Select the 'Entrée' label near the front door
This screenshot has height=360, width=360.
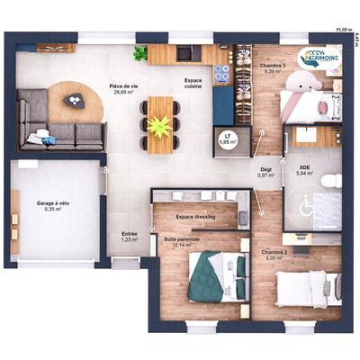coord(130,236)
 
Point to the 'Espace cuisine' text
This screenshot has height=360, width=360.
coord(193,84)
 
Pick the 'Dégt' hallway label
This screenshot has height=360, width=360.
coord(265,171)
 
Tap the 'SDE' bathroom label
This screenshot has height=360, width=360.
coord(305,169)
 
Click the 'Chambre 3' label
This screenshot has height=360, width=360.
coord(274,67)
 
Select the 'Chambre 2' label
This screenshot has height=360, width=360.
coord(275,254)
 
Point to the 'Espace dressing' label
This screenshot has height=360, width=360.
coord(196,218)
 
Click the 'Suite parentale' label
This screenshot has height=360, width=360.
coord(180,241)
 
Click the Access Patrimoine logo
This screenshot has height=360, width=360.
coord(319,60)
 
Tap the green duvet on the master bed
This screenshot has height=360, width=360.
coord(207,274)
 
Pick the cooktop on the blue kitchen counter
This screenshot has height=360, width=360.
coord(223,69)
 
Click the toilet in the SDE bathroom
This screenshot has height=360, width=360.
coord(330,180)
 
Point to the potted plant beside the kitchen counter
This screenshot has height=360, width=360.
coord(139,54)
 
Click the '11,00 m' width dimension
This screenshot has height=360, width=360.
coord(343,30)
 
